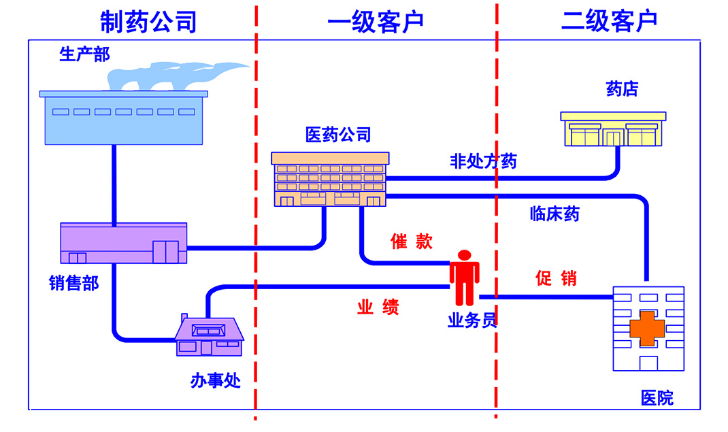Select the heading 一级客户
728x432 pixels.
click(x=376, y=21)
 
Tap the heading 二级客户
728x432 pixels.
click(x=609, y=21)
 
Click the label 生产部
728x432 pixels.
click(x=84, y=54)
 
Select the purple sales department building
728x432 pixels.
click(x=123, y=243)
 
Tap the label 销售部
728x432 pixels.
click(x=73, y=283)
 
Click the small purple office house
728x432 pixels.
click(x=210, y=335)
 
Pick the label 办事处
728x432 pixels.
click(x=215, y=380)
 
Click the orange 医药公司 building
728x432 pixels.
click(x=329, y=179)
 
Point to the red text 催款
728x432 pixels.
click(x=411, y=242)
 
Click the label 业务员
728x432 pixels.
click(x=471, y=320)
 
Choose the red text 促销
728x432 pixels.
click(x=556, y=278)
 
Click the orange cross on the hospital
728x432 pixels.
click(x=646, y=328)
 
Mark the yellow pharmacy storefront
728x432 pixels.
click(x=613, y=129)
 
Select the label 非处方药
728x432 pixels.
click(x=483, y=161)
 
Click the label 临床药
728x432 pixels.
click(x=555, y=214)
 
